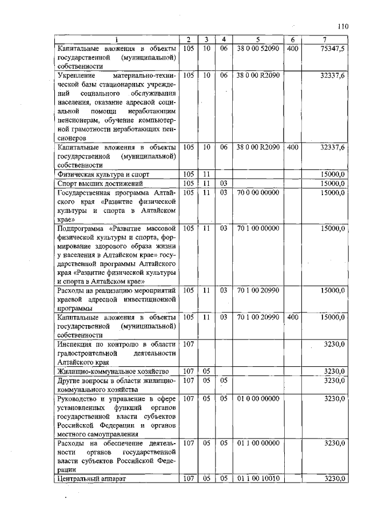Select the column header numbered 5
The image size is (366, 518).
point(258,39)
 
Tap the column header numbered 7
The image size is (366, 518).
point(324,39)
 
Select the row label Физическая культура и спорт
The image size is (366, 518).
point(101,174)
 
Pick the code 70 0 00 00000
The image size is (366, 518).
point(258,192)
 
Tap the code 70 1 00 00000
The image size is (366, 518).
point(258,228)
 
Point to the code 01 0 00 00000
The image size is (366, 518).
point(258,398)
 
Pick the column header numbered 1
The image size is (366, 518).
point(116,39)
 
